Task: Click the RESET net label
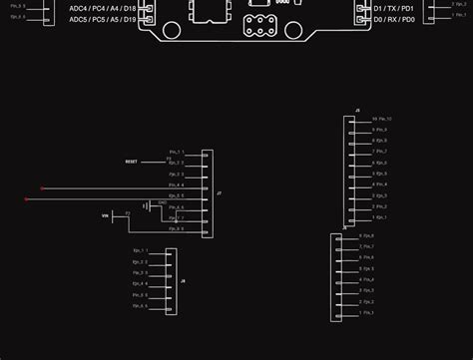pos(132,161)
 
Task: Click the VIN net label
pos(105,215)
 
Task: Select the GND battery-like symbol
pos(146,205)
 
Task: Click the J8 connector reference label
pos(183,281)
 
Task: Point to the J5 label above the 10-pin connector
pos(357,110)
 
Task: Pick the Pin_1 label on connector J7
pos(177,152)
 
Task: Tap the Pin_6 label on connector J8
pos(140,305)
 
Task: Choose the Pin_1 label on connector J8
pos(140,250)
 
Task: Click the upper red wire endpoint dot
pos(42,187)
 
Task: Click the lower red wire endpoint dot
pos(27,199)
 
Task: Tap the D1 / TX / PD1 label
pos(394,8)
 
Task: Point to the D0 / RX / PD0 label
pos(394,20)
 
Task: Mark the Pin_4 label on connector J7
pos(177,184)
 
